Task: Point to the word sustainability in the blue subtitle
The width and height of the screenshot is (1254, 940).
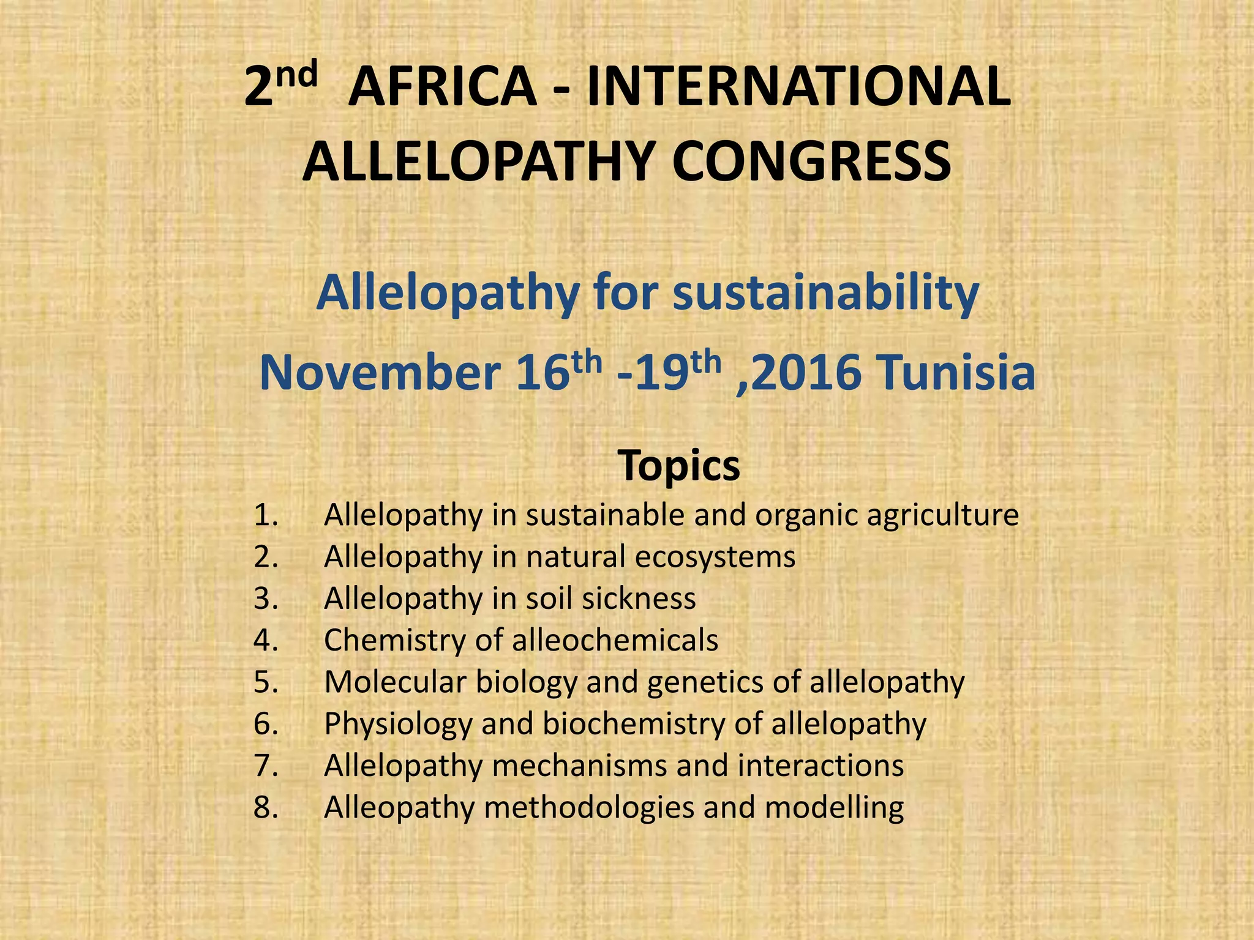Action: (x=826, y=293)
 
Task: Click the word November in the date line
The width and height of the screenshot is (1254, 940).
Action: (x=380, y=373)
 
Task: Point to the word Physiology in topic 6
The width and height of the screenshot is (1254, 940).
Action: (x=398, y=724)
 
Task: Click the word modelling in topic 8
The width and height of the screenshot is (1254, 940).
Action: (x=834, y=808)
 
